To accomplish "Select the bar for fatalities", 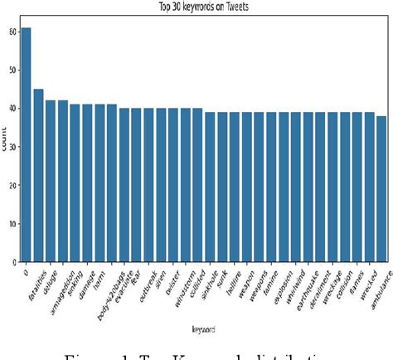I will point(38,175).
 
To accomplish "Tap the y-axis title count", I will point(6,144).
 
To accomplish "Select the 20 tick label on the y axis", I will point(11,186).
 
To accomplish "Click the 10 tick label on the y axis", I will point(11,224).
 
